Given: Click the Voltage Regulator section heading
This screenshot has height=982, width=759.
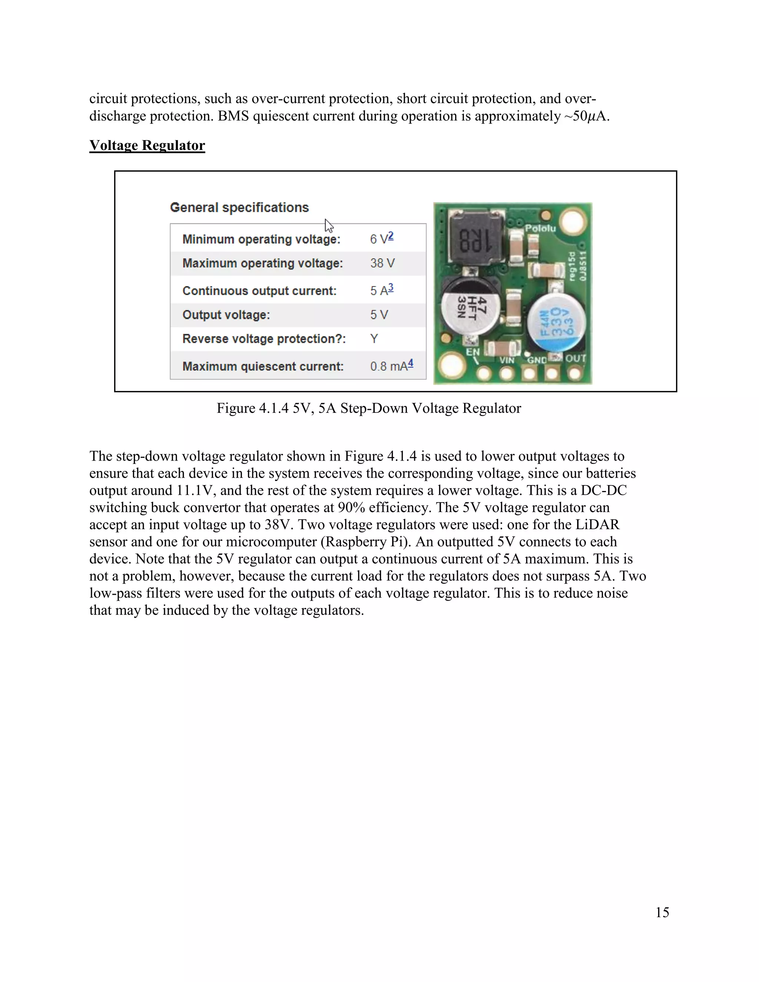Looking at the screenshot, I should pyautogui.click(x=147, y=145).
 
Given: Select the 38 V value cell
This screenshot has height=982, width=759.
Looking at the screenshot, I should pyautogui.click(x=382, y=263).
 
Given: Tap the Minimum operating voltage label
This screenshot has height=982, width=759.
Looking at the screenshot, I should pyautogui.click(x=261, y=239).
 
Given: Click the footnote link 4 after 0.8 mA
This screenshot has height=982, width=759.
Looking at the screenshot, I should pyautogui.click(x=410, y=363).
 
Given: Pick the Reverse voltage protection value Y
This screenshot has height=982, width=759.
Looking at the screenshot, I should pyautogui.click(x=374, y=339).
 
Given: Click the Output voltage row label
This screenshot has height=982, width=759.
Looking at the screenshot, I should pyautogui.click(x=226, y=315).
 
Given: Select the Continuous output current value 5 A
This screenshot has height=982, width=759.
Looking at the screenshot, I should pyautogui.click(x=379, y=291).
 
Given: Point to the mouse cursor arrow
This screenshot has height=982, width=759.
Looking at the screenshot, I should pyautogui.click(x=329, y=225).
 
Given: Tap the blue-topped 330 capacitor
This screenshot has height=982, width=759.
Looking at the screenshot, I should pyautogui.click(x=557, y=321).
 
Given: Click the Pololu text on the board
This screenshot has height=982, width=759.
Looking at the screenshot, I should pyautogui.click(x=540, y=228).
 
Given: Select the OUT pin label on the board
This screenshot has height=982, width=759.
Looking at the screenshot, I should pyautogui.click(x=575, y=358).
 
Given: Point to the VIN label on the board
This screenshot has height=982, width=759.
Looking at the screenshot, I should pyautogui.click(x=507, y=360).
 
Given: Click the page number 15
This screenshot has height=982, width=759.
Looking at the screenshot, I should pyautogui.click(x=662, y=912).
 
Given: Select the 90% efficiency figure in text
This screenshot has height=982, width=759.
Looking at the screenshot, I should pyautogui.click(x=351, y=508).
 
